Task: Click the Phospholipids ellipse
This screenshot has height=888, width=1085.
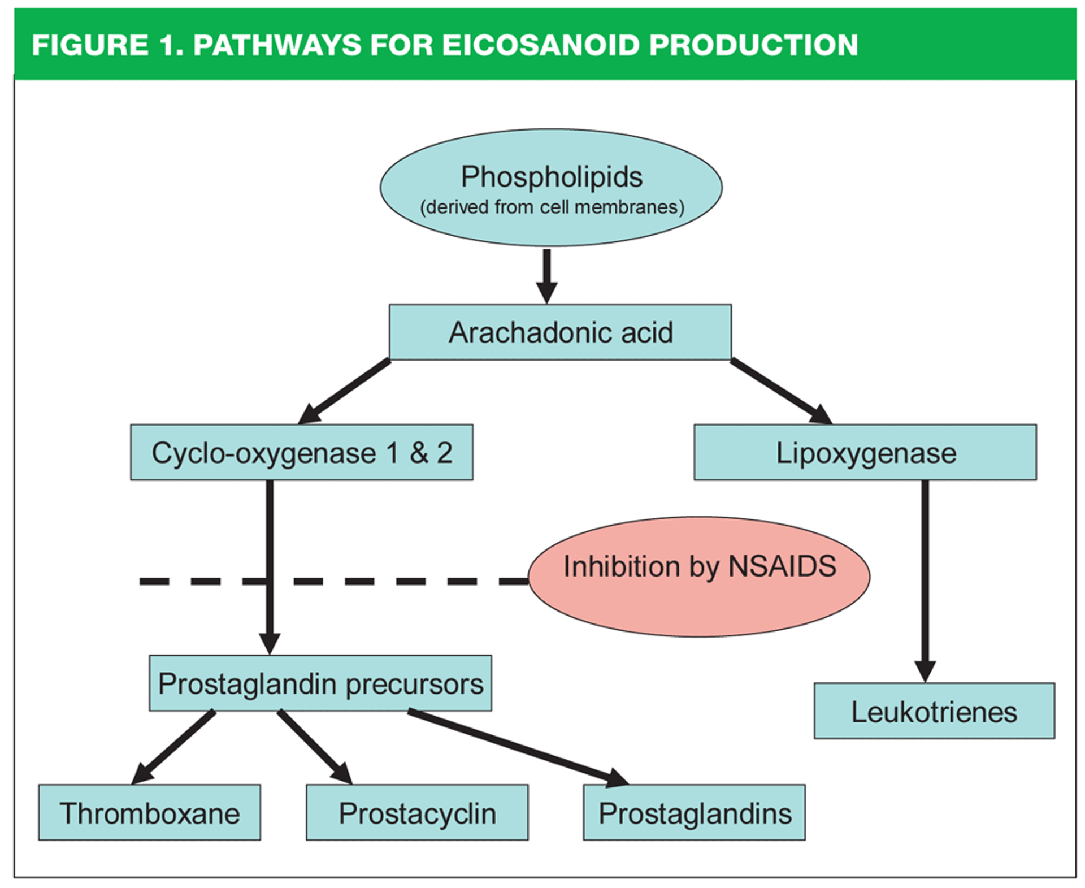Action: point(550,187)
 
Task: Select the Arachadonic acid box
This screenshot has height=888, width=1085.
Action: point(560,332)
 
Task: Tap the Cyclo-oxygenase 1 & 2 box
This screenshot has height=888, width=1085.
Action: point(302,452)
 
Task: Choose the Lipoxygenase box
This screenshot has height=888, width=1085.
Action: point(865,452)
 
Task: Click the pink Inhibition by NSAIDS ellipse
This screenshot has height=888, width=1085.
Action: point(699,577)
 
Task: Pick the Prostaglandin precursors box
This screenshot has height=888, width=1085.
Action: point(320,683)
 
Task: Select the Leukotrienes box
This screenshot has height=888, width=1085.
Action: point(934,711)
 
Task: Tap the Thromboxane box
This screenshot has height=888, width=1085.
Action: point(149,812)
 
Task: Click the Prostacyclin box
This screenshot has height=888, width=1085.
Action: point(417,812)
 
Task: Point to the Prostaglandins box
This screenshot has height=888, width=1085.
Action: point(694,812)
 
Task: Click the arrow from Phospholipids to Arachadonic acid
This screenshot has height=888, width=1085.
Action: point(546,276)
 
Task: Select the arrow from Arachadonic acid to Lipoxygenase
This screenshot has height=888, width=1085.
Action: point(782,391)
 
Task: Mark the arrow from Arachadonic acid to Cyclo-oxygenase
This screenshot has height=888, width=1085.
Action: point(344,391)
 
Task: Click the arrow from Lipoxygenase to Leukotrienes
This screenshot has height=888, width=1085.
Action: point(925,582)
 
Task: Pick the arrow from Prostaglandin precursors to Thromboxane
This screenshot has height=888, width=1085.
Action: point(173,747)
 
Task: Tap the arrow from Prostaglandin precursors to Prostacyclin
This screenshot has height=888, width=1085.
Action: point(315,747)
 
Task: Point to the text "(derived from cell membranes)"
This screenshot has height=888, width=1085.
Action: point(552,207)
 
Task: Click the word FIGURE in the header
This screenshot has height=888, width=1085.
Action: point(90,45)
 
